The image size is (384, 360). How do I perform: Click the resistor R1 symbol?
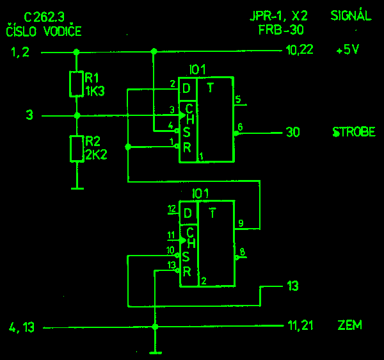tap(77, 84)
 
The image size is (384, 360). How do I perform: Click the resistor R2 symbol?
tap(77, 148)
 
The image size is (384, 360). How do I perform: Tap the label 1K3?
tap(95, 91)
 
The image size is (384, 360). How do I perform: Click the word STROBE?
tap(353, 133)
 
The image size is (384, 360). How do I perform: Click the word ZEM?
tap(349, 325)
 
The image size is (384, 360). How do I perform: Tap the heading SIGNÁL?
tap(351, 16)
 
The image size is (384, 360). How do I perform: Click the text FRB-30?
tap(281, 29)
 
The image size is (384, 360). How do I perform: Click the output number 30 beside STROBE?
tap(292, 133)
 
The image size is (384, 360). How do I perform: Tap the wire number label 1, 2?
tap(20, 53)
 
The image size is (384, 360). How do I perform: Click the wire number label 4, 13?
tap(22, 328)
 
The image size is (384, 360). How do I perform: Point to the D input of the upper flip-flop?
tap(186, 88)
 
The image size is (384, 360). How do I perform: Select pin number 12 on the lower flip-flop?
tap(171, 209)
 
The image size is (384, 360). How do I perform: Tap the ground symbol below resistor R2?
tap(77, 188)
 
